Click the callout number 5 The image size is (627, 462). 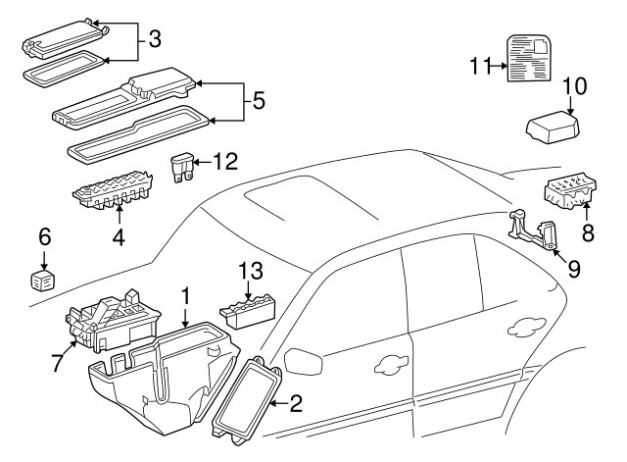[259, 99]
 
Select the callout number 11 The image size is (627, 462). [478, 66]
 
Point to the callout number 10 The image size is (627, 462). [575, 86]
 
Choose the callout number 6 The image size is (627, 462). [43, 236]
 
